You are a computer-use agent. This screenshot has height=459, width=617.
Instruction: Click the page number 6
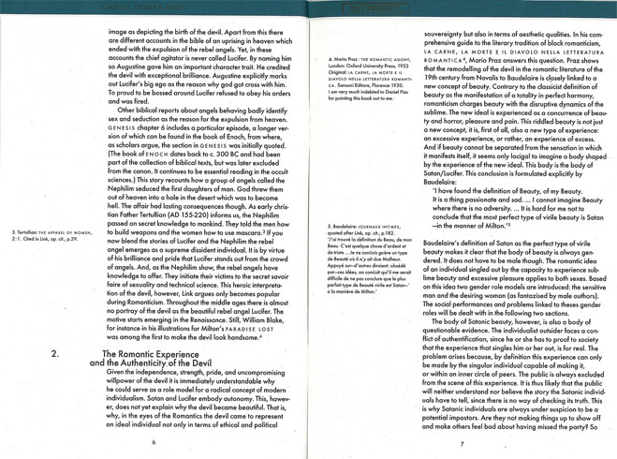tap(154, 442)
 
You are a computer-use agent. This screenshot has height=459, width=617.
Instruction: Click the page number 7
tap(462, 442)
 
